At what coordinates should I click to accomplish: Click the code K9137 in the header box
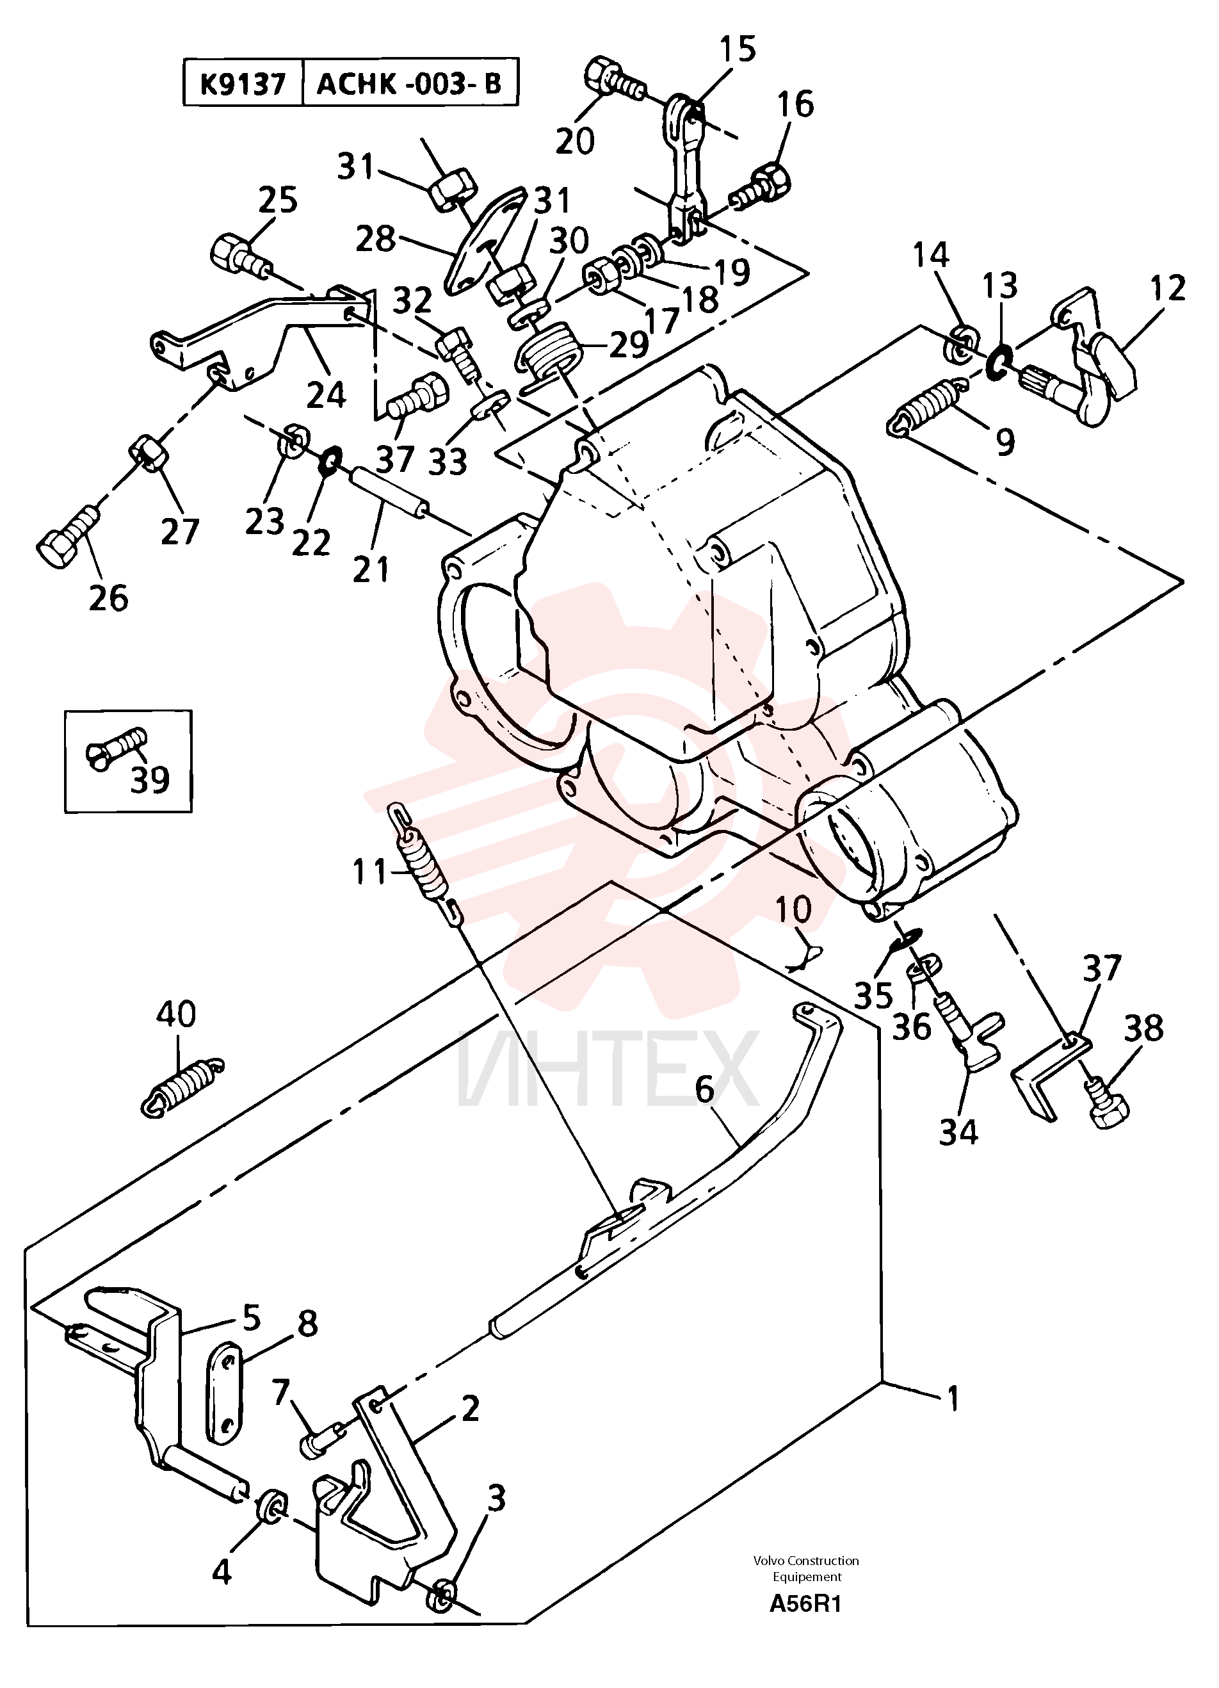[243, 84]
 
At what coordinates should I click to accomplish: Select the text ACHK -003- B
[410, 84]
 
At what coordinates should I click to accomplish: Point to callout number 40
[176, 1015]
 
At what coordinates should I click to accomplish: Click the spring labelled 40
[182, 1085]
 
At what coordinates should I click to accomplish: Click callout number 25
[278, 200]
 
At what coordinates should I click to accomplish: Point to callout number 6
[704, 1089]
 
